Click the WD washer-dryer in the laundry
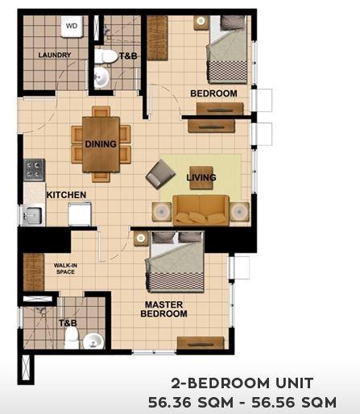coord(72,27)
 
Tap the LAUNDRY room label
coord(55,55)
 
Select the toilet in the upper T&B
coord(106,56)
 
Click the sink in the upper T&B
coord(101,77)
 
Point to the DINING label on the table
coord(101,144)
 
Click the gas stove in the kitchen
coord(35,170)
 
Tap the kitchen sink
coord(32,216)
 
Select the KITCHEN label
coord(66,195)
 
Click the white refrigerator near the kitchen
coord(80,214)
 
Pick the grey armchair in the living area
coord(160,174)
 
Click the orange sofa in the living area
coord(201,210)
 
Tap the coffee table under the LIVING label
coord(201,178)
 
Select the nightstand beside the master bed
coord(141,238)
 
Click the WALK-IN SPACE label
coord(65,269)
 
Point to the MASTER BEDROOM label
coord(163,309)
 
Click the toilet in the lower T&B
coord(72,337)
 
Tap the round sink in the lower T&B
coord(93,341)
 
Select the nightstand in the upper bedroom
coord(201,22)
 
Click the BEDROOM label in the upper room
coord(213,93)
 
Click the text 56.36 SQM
coord(191,403)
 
